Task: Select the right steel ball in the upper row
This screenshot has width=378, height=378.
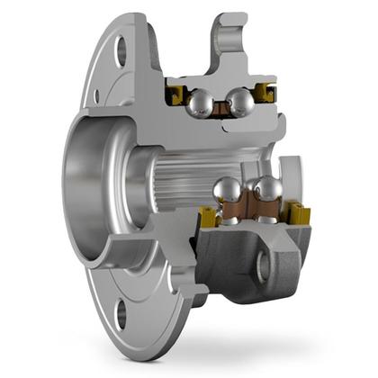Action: click(240, 103)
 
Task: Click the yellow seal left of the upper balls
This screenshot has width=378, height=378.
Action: click(175, 94)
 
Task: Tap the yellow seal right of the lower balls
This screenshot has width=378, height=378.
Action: click(299, 214)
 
